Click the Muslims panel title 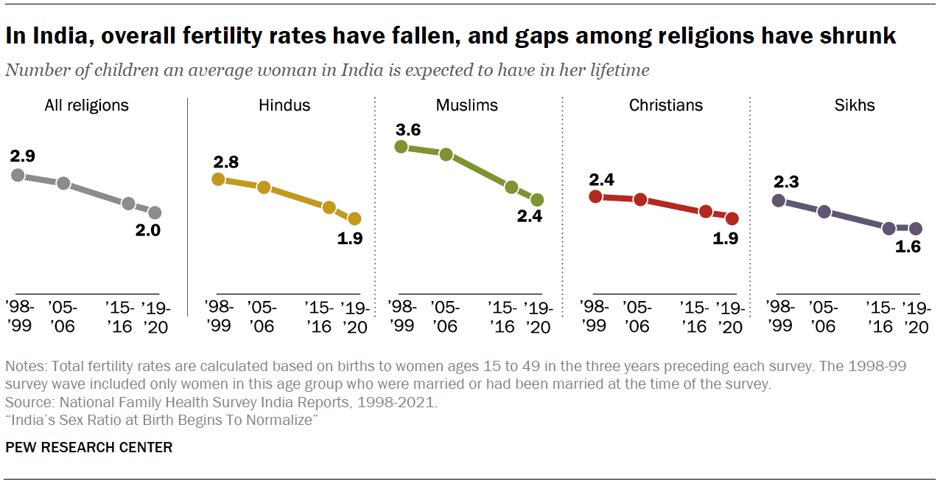point(467,105)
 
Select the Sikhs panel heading point(855,105)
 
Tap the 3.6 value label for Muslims point(409,131)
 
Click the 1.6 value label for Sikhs point(907,246)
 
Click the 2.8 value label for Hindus point(225,162)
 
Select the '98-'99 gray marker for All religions point(18,175)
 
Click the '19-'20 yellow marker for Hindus point(354,218)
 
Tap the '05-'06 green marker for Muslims point(446,154)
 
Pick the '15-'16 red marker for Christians point(706,212)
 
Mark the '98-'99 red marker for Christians point(596,196)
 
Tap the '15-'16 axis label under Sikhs point(883,317)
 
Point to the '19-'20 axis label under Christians point(730,317)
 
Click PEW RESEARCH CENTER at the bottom point(89,447)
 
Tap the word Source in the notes point(25,404)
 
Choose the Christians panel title point(665,105)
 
